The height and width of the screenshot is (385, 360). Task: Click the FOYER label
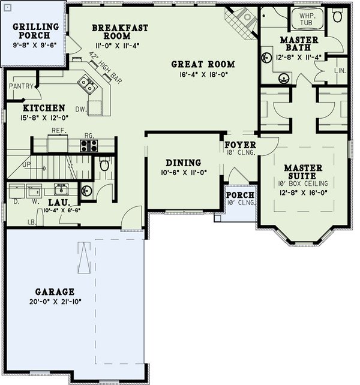click(x=240, y=145)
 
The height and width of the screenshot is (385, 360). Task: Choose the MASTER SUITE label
click(x=304, y=172)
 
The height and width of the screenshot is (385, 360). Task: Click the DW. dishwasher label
click(x=80, y=109)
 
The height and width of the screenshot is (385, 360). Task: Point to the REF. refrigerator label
click(x=58, y=130)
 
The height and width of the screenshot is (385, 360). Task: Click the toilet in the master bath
click(x=337, y=16)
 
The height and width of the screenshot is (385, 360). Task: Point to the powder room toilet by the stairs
click(x=104, y=164)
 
